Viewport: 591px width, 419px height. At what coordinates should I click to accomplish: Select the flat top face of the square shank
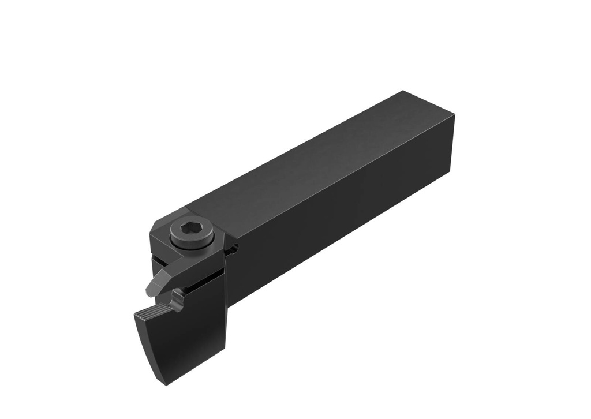point(323,156)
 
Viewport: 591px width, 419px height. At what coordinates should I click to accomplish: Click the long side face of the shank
point(346,219)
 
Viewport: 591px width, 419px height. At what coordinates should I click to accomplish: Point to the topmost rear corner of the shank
point(402,91)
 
